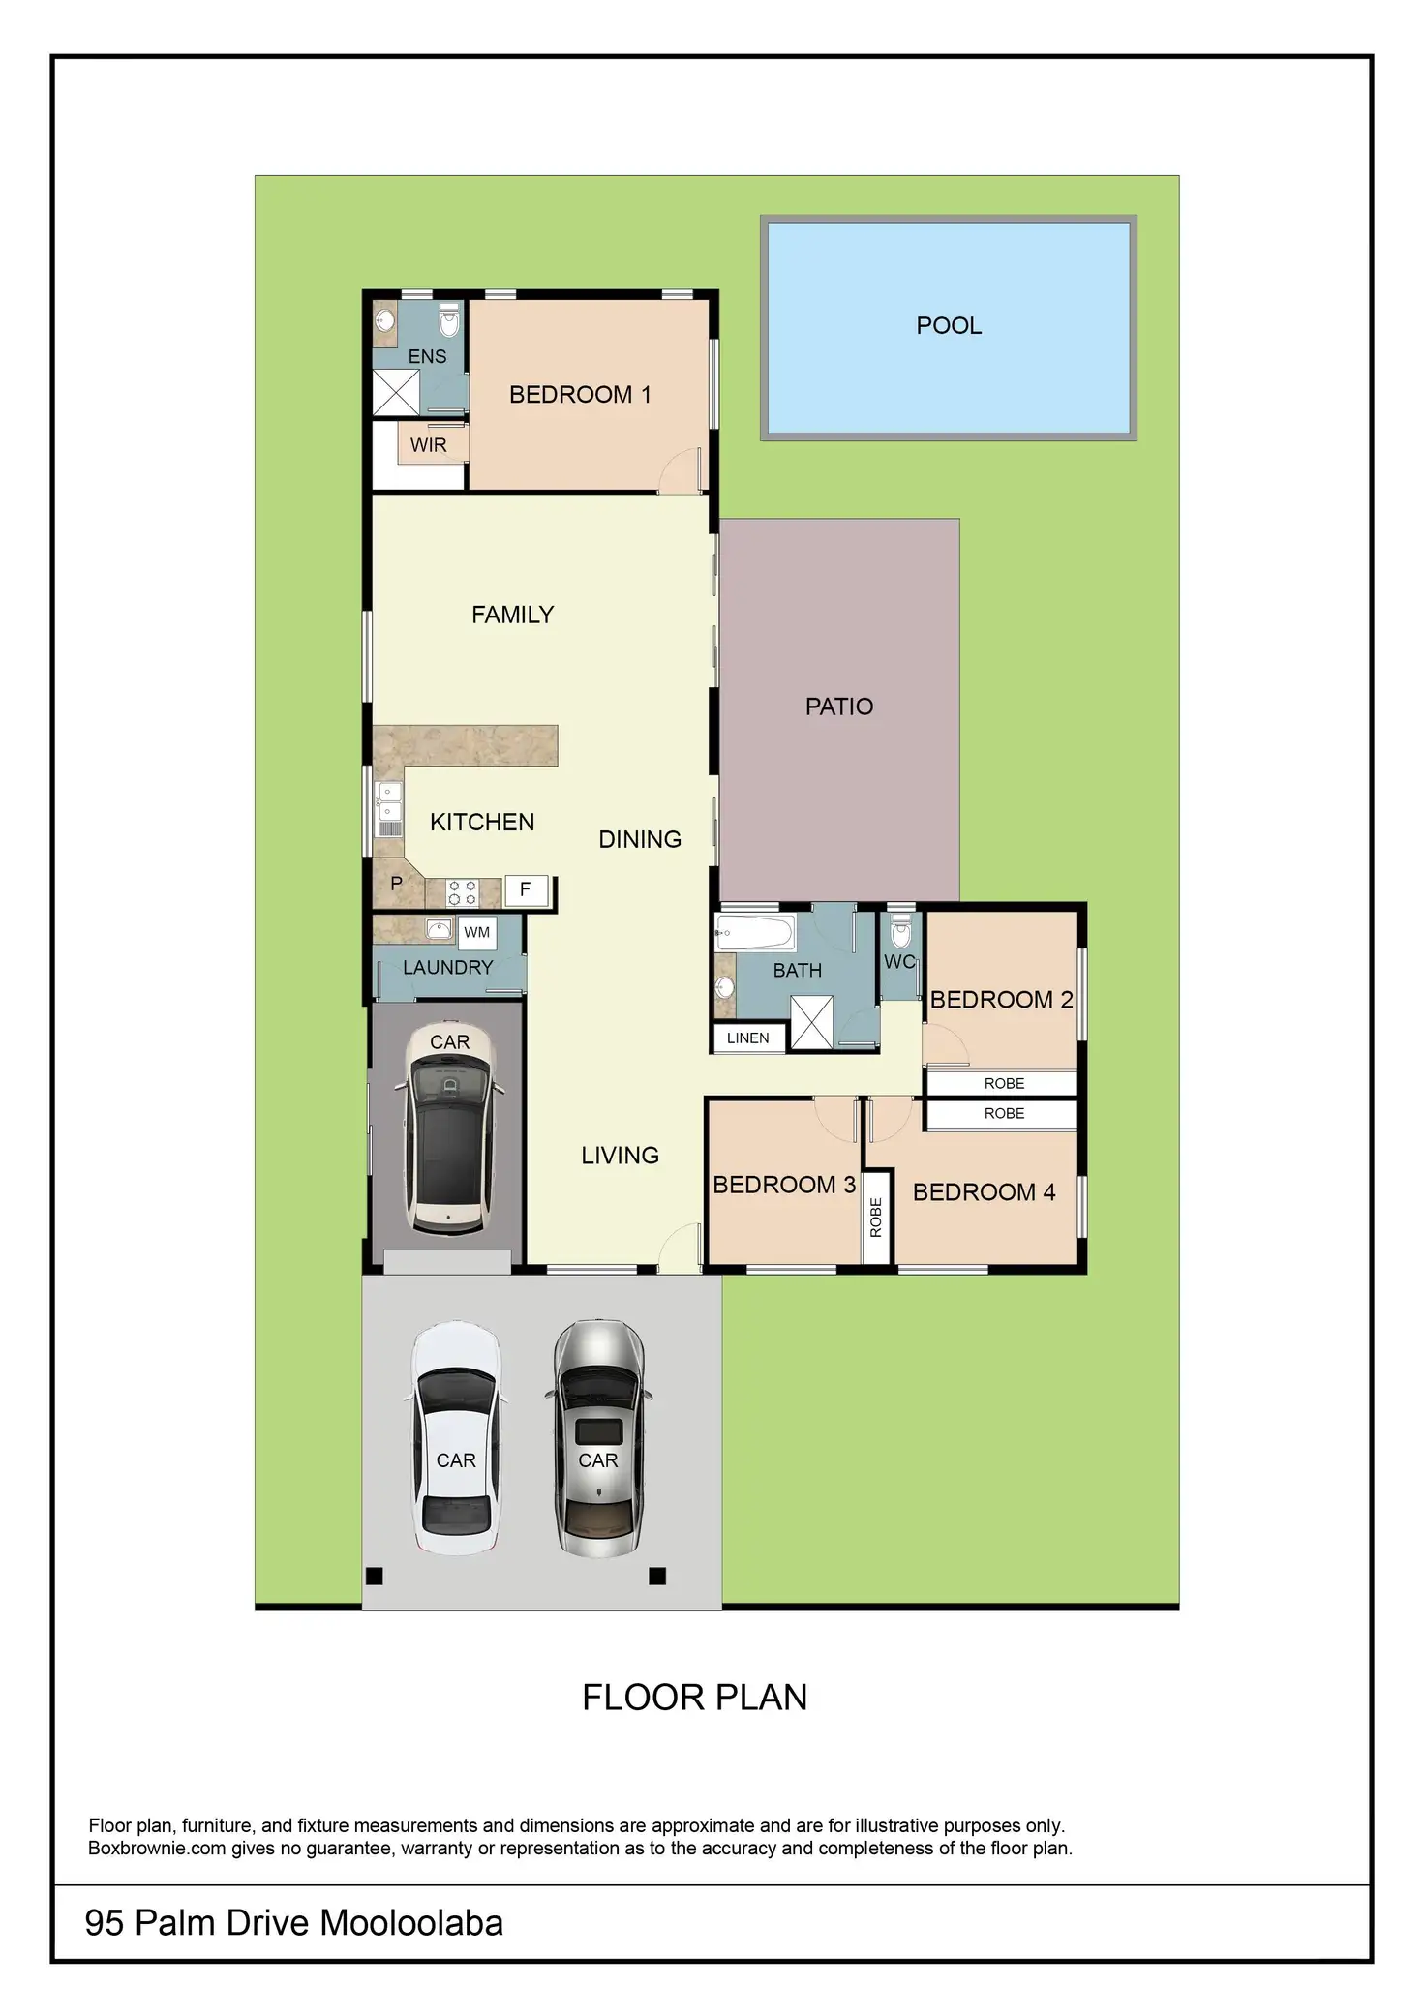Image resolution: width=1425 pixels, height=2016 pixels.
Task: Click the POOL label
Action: (x=949, y=326)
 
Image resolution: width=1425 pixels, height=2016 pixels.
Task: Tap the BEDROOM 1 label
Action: (x=580, y=395)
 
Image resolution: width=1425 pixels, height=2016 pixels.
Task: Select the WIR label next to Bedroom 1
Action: (x=429, y=445)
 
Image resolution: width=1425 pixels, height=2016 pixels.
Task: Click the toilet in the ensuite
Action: (x=448, y=320)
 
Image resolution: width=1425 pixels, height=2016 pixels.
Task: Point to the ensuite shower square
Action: (x=397, y=392)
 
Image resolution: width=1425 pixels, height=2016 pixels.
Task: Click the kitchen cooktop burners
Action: (x=463, y=892)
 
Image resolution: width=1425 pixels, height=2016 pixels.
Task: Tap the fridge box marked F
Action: (x=526, y=889)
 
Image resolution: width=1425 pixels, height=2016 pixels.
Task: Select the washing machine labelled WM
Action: (x=477, y=933)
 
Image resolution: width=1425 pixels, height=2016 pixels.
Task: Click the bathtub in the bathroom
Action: (x=755, y=933)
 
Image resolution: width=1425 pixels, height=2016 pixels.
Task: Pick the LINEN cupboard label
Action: (x=748, y=1038)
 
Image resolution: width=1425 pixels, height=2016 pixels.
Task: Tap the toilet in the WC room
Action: (x=901, y=931)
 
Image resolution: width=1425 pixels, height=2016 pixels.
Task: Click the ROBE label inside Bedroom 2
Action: (x=1004, y=1084)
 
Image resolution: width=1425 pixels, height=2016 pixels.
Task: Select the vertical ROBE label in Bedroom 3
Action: (x=876, y=1218)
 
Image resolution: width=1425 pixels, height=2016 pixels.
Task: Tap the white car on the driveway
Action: (x=456, y=1439)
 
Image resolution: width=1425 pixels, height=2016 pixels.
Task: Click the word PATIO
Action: (x=839, y=707)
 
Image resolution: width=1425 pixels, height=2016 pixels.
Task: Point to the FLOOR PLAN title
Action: (x=695, y=1698)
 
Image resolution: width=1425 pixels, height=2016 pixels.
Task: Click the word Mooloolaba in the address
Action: (x=411, y=1923)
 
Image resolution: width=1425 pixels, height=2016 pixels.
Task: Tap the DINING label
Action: (x=640, y=839)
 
